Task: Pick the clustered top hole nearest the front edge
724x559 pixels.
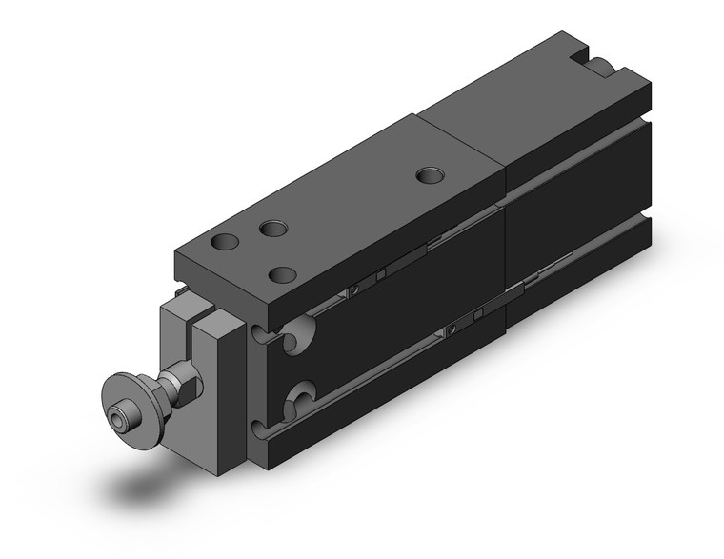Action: click(x=282, y=274)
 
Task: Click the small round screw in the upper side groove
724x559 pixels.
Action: click(x=354, y=287)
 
